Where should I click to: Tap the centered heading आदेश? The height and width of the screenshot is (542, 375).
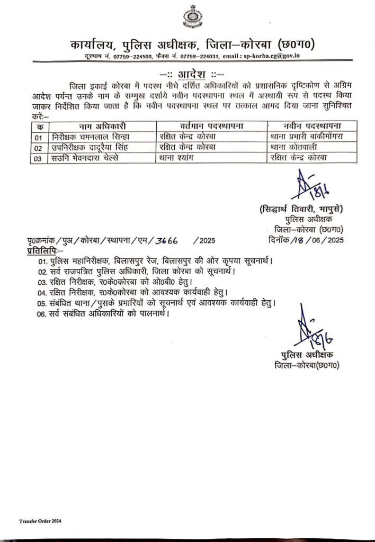tap(188, 73)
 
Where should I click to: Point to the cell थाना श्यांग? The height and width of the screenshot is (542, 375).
tap(181, 157)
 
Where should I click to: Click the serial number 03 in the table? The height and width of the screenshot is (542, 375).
tap(37, 157)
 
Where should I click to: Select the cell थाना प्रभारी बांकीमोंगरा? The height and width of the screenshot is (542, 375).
tap(307, 136)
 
